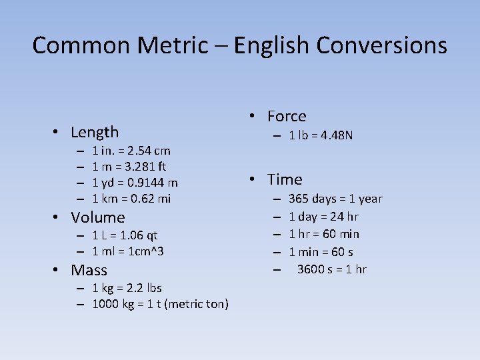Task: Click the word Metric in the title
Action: [x=173, y=45]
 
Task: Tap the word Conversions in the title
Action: [x=382, y=45]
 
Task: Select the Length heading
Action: [x=95, y=132]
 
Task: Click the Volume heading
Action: [x=98, y=217]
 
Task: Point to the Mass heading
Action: [x=89, y=270]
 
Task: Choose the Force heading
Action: [x=287, y=116]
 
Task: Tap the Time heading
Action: [x=285, y=179]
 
